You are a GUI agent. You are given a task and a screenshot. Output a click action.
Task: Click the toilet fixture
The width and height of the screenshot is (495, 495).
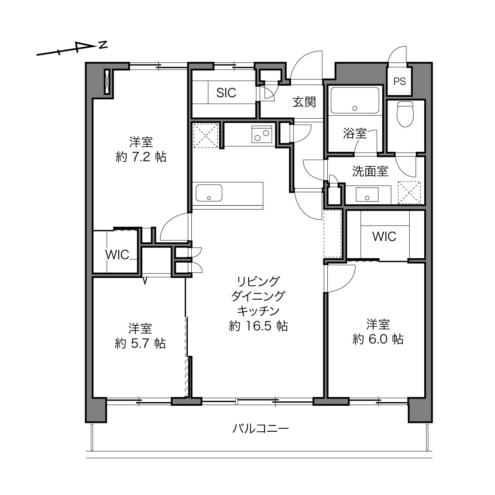coord(405,114)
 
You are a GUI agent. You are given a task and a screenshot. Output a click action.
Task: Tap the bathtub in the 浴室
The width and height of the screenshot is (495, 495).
coord(355,100)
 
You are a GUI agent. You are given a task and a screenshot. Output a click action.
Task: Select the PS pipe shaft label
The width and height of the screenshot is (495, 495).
coord(399,81)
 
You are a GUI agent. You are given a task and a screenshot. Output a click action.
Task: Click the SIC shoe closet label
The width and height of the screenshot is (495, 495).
coord(226,93)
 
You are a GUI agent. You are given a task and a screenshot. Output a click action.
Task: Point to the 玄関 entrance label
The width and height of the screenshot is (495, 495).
coord(304,102)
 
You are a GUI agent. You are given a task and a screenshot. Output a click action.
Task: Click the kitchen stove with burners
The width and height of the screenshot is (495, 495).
coord(262,134)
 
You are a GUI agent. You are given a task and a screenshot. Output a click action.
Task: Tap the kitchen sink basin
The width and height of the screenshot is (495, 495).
coord(209,193)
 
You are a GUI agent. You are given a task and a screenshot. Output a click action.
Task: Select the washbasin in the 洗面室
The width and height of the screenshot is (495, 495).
coord(367,194)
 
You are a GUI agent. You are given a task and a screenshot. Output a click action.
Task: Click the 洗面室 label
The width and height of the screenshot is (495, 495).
coord(370,171)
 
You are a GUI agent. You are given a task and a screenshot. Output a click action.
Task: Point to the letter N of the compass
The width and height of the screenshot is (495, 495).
coord(103,45)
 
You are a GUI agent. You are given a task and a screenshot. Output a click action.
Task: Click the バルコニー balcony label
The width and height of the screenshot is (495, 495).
coord(261,428)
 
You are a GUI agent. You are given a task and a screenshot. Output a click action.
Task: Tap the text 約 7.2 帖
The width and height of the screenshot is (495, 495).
coord(141,157)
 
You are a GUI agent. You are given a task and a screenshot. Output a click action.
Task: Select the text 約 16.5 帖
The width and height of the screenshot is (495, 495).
coord(258,326)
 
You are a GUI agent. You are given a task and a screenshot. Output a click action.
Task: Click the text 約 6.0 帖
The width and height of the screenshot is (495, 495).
coord(378,339)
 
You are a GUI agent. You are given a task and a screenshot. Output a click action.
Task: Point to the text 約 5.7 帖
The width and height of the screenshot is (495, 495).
coord(140,343)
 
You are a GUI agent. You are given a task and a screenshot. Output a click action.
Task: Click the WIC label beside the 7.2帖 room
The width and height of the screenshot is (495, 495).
coord(117,255)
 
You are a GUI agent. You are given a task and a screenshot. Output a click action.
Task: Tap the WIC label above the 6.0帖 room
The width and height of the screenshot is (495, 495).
coord(384,236)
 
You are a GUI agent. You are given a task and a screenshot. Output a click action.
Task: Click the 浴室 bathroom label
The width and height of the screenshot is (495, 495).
coord(355,134)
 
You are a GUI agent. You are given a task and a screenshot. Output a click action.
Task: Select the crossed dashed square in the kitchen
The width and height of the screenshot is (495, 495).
coord(206,136)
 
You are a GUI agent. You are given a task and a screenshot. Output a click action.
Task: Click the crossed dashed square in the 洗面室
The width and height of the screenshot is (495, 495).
coord(409,193)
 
